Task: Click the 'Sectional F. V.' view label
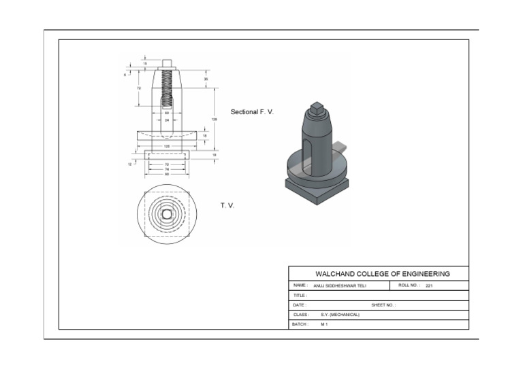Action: (x=252, y=111)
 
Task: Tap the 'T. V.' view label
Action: (x=227, y=205)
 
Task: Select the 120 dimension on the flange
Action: (x=167, y=146)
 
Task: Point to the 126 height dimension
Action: (x=215, y=120)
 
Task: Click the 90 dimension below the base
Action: (x=167, y=174)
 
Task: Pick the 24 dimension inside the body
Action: (x=167, y=120)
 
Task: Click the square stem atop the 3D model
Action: (x=316, y=107)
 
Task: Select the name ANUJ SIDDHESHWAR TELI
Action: (x=344, y=286)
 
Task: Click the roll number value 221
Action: (x=429, y=286)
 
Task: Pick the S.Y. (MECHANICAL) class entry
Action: (x=340, y=315)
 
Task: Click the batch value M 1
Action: (x=324, y=325)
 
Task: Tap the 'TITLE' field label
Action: (x=300, y=296)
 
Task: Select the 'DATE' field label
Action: (x=300, y=306)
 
